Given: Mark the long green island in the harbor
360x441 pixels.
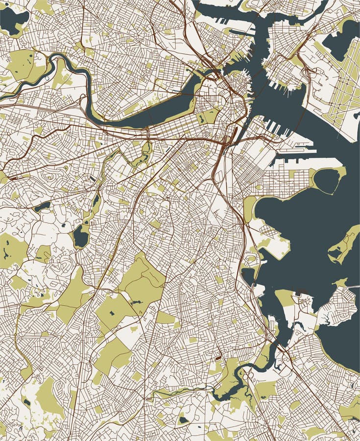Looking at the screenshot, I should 345,245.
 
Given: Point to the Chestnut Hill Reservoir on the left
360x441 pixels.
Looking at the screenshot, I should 42,207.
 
